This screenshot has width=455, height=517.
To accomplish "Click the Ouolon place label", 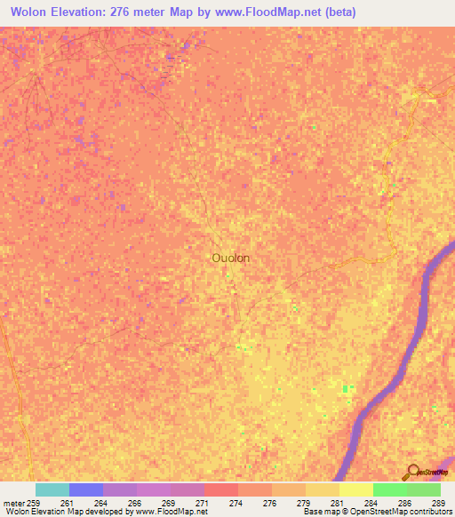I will click(230, 258).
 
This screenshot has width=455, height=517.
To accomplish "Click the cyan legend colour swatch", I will click(52, 489).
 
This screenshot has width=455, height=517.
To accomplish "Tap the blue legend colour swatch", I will click(86, 489).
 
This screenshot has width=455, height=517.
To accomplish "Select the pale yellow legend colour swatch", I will click(356, 489).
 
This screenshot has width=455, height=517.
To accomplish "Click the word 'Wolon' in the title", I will click(33, 12).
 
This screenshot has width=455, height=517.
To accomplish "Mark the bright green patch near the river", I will click(347, 388).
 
